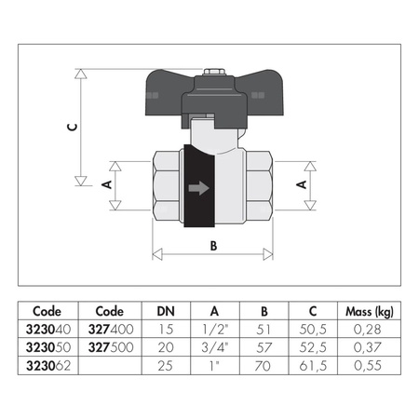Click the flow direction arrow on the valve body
197,188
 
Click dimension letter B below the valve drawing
213,247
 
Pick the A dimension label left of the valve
105,185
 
